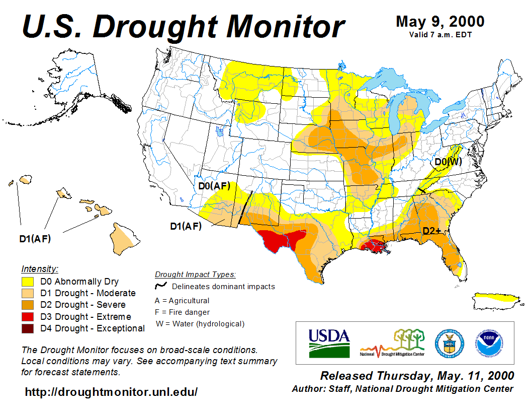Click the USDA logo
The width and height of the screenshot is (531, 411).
[x=329, y=343]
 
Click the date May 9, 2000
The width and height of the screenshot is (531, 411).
[x=440, y=22]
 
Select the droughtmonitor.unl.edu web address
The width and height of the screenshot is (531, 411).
[x=111, y=391]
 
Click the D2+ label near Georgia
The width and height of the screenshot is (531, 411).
[x=431, y=231]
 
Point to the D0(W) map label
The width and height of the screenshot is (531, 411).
[x=448, y=162]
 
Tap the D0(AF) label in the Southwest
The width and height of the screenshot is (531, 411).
[x=214, y=186]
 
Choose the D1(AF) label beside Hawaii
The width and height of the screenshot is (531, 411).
[x=35, y=238]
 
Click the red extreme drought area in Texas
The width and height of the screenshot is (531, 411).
[x=280, y=239]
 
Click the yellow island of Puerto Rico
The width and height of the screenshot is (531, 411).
[x=497, y=301]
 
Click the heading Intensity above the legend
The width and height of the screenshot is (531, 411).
[x=40, y=268]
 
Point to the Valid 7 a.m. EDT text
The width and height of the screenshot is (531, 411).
[x=440, y=34]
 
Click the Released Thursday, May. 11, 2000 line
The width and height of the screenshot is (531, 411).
[x=417, y=376]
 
